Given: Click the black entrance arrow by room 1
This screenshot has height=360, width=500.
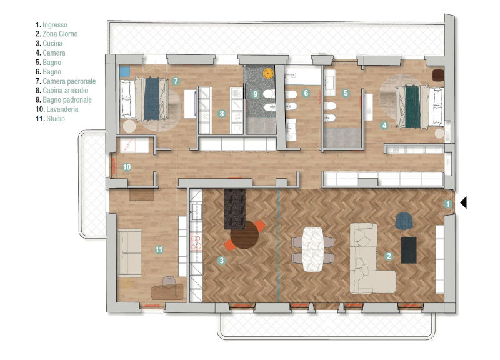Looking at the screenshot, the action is pyautogui.click(x=464, y=202).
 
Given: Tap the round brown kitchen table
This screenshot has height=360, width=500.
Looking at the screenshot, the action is pyautogui.click(x=244, y=235).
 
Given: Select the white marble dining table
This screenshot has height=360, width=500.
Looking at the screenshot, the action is pyautogui.click(x=313, y=249).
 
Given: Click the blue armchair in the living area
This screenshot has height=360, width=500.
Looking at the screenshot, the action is pyautogui.click(x=404, y=221).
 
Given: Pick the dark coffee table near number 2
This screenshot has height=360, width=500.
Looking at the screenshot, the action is pyautogui.click(x=409, y=250).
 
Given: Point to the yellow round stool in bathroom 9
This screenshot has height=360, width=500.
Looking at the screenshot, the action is pyautogui.click(x=269, y=73).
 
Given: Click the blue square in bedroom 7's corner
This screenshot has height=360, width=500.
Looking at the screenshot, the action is pyautogui.click(x=124, y=71).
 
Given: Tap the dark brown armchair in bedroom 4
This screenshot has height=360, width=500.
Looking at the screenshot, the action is pyautogui.click(x=438, y=75).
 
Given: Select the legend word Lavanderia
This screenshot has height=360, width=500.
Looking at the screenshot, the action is pyautogui.click(x=62, y=109).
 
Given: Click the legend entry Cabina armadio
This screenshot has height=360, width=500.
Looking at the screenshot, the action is pyautogui.click(x=66, y=90).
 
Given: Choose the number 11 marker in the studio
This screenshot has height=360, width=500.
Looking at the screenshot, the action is pyautogui.click(x=159, y=249).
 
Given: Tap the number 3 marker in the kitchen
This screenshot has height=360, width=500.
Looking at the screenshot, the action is pyautogui.click(x=221, y=261).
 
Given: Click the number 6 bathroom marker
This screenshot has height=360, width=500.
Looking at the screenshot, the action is pyautogui.click(x=306, y=93).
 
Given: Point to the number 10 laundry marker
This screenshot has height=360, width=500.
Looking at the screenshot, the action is pyautogui.click(x=127, y=167).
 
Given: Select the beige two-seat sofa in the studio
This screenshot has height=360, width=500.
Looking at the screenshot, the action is pyautogui.click(x=129, y=252).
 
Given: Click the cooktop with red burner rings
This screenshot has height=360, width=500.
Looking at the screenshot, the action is pyautogui.click(x=196, y=242).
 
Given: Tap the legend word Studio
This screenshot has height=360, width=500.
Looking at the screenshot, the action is pyautogui.click(x=56, y=119).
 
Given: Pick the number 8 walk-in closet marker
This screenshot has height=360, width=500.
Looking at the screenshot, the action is pyautogui.click(x=221, y=114).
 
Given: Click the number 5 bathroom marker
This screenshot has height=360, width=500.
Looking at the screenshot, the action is pyautogui.click(x=346, y=93).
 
